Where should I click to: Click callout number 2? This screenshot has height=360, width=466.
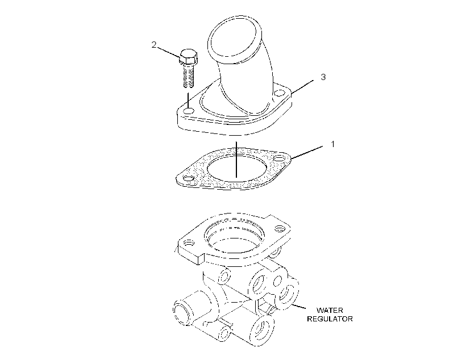point(153,45)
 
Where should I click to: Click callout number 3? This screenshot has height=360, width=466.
point(323,77)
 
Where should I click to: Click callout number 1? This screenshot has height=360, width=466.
point(333,144)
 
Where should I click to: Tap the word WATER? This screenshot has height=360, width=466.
point(330,311)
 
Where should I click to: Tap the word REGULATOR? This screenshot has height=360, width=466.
point(330,319)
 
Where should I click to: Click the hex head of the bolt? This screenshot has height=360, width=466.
point(189,56)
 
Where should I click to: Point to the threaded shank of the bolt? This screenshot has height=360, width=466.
point(188,76)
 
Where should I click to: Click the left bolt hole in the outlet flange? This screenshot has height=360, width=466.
point(189,111)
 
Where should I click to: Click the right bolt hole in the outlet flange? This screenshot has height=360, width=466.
point(279,93)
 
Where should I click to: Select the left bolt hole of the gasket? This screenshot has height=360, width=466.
point(189,179)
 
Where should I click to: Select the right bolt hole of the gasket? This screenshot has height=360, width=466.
point(279,158)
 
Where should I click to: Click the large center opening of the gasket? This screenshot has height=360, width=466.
point(236,168)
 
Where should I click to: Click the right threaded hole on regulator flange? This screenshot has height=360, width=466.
point(278,228)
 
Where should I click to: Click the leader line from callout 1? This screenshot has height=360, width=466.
point(307,152)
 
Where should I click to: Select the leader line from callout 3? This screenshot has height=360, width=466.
point(302,86)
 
